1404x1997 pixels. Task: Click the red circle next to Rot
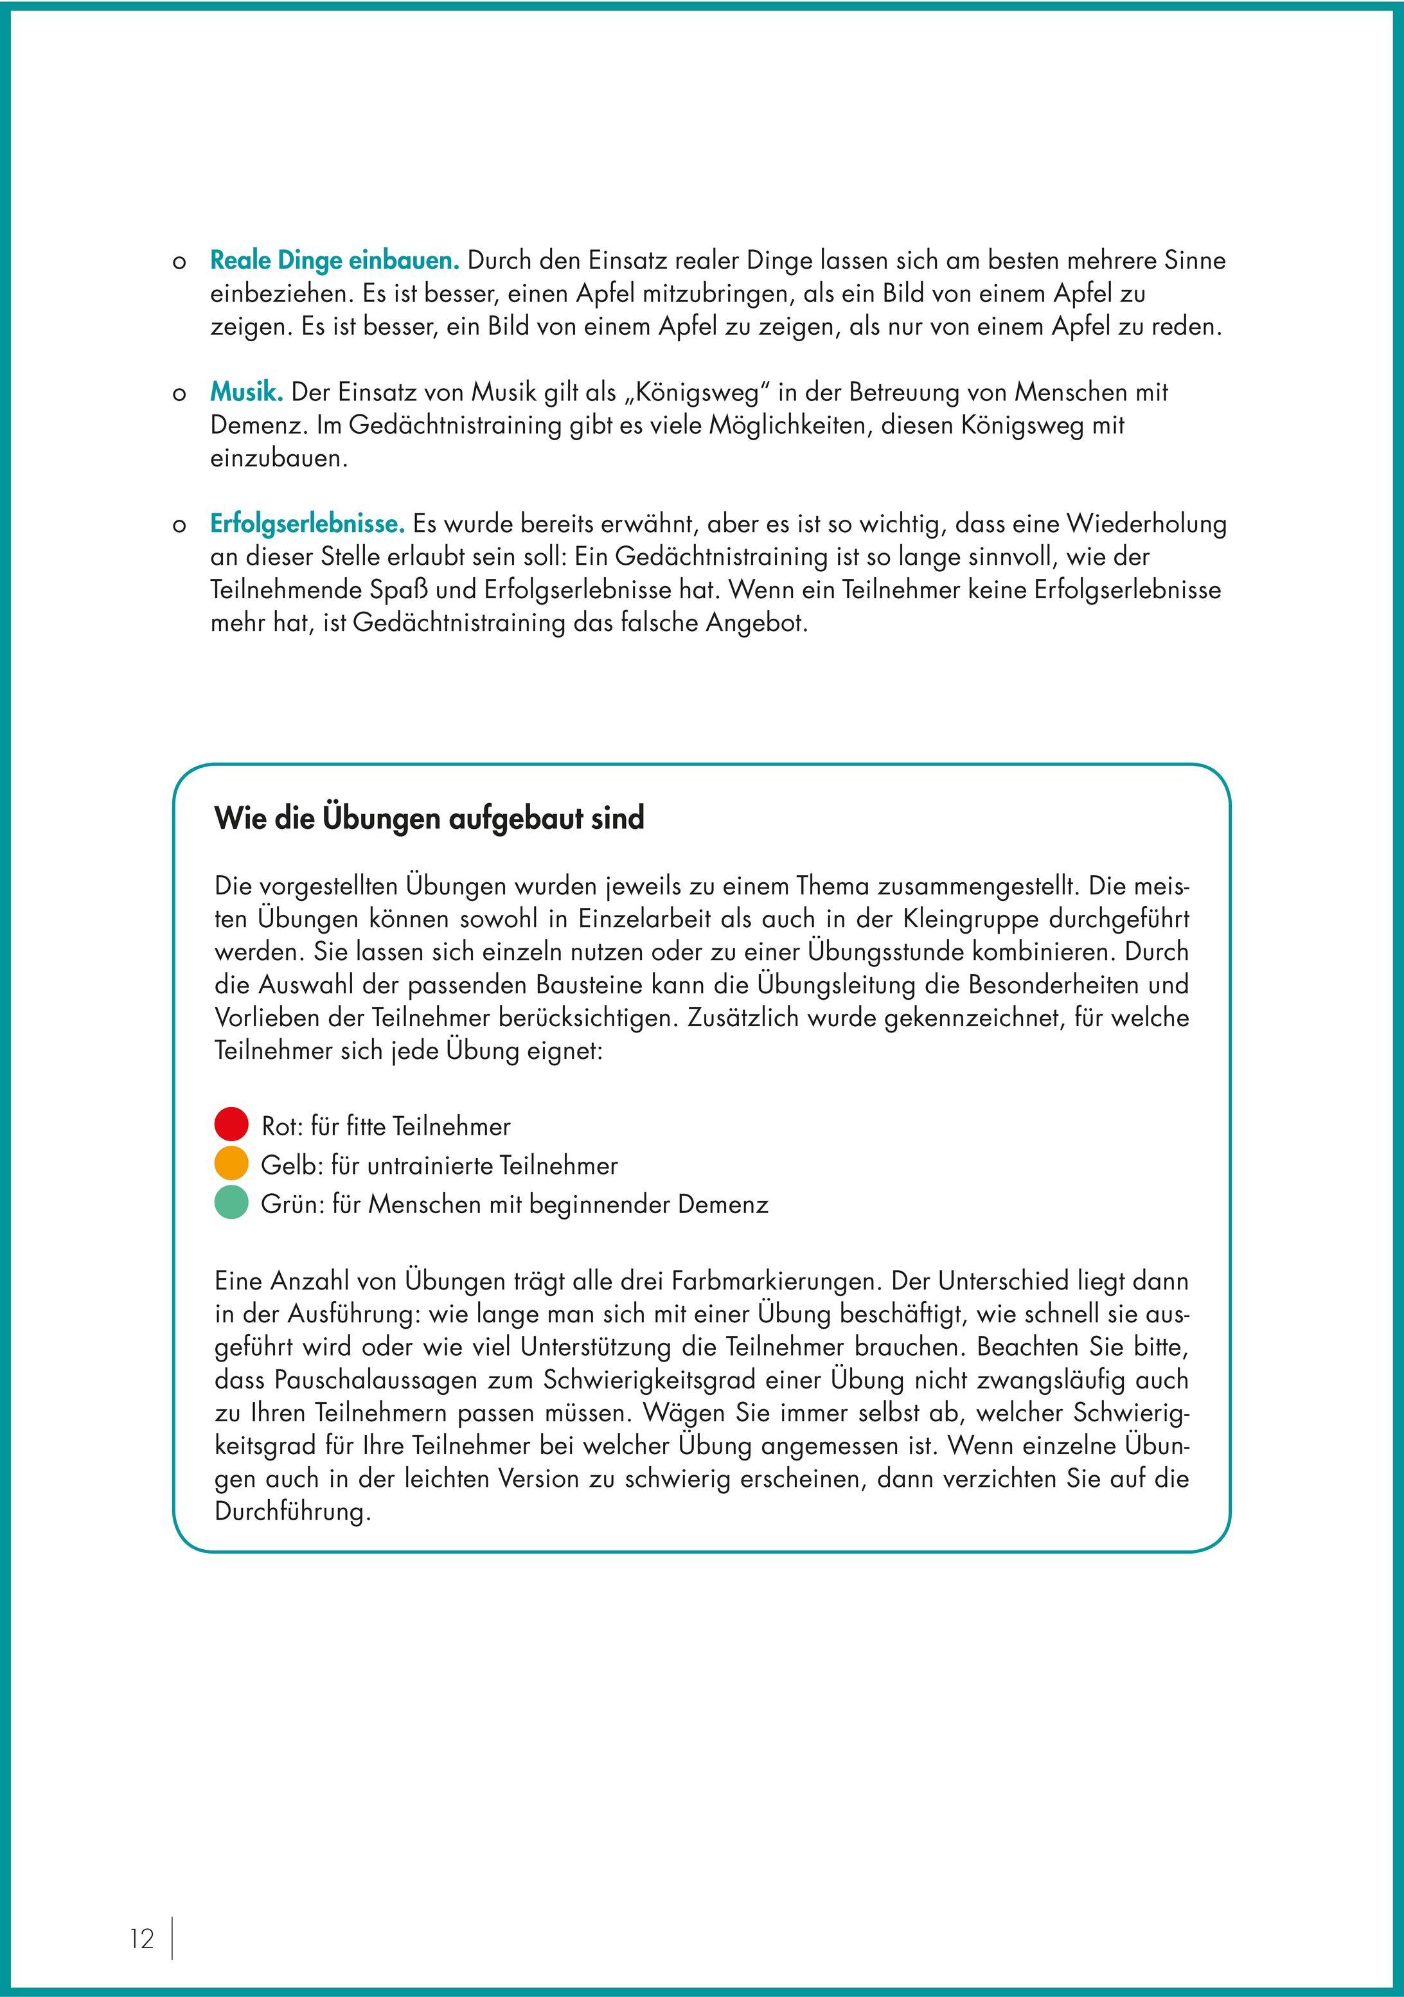[x=231, y=1124]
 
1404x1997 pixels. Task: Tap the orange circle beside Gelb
[x=231, y=1163]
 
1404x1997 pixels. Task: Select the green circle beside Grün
[x=231, y=1202]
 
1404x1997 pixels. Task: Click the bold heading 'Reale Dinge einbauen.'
[x=335, y=260]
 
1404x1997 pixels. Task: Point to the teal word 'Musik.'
[x=247, y=392]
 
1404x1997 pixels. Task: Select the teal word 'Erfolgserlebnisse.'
[x=308, y=524]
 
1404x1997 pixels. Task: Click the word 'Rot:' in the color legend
[x=282, y=1127]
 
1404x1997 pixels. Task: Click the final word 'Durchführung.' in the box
[x=293, y=1513]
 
